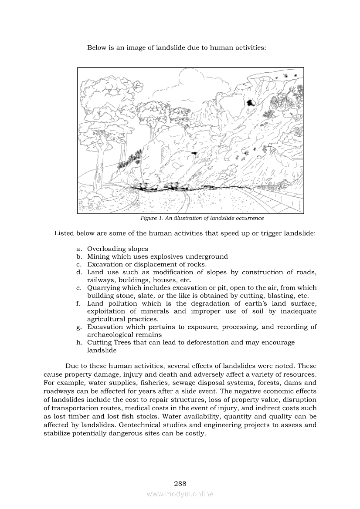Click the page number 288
tap(180, 483)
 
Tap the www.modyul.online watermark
tap(180, 494)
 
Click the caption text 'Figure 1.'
tap(151, 218)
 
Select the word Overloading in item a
tap(105, 249)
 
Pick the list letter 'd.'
tap(79, 273)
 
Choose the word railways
tap(100, 280)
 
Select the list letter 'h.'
tap(79, 343)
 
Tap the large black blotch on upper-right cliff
tap(250, 103)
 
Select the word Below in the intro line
tap(96, 47)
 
